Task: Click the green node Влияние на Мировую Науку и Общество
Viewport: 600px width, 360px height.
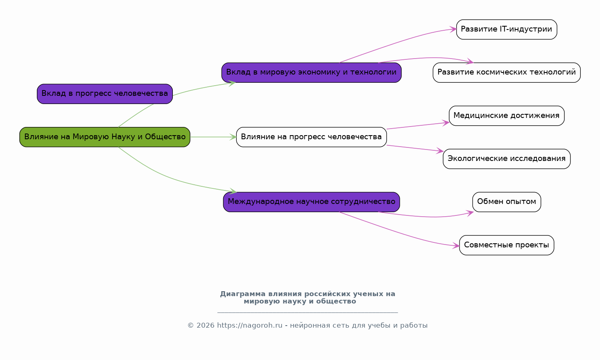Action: tap(105, 137)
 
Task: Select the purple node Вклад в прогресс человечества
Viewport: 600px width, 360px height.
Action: tap(105, 94)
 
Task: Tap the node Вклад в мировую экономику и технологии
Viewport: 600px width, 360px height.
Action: tap(311, 72)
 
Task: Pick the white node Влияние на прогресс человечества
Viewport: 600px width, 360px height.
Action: tap(311, 137)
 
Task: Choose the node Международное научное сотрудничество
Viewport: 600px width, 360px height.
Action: tap(311, 202)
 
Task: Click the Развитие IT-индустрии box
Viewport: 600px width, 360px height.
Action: tap(506, 29)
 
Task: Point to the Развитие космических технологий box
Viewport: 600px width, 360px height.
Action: tap(506, 72)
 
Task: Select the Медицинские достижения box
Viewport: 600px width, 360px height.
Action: tap(506, 115)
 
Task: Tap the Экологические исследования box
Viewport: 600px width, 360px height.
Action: tap(506, 159)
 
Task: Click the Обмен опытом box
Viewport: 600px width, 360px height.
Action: tap(506, 202)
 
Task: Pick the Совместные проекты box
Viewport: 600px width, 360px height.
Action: tap(506, 245)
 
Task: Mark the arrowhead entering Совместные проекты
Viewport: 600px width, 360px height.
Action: tap(456, 246)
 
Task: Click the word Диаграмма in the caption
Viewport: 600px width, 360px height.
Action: tap(242, 294)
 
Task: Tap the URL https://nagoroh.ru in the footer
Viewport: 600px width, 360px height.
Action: tap(250, 326)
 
